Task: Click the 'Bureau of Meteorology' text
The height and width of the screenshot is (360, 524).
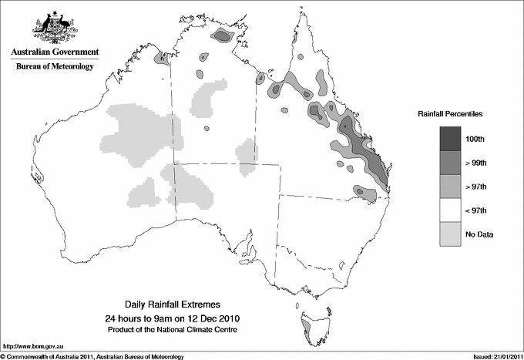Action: (55, 67)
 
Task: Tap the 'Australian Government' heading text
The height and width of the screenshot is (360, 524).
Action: (55, 52)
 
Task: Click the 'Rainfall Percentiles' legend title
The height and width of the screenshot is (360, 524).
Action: (450, 113)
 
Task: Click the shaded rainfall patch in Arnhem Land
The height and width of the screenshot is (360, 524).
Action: (223, 35)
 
